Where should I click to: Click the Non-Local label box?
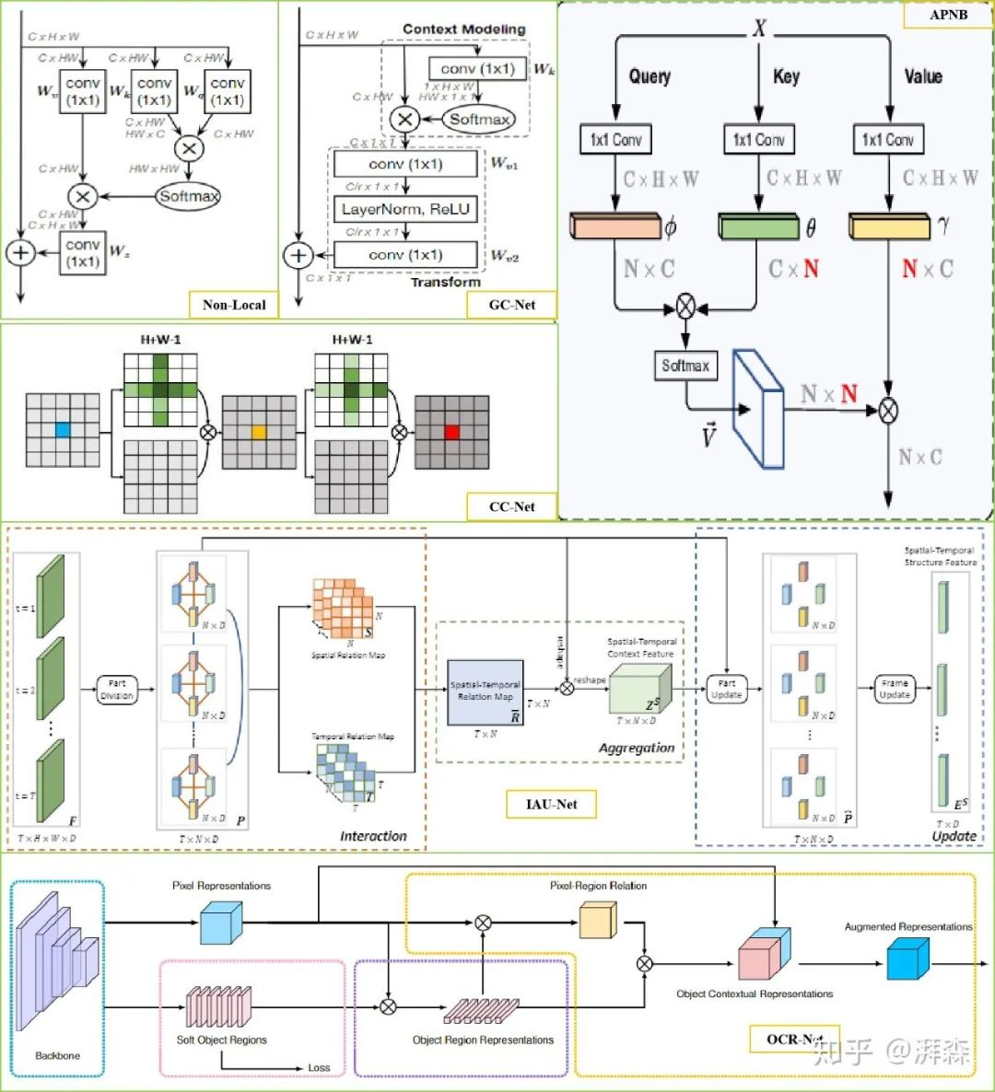pos(234,304)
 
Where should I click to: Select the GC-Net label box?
pos(512,304)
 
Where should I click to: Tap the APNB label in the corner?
pos(948,15)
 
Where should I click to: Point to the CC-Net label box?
pos(512,505)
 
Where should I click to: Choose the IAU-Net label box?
pos(551,804)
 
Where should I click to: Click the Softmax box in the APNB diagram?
pos(685,366)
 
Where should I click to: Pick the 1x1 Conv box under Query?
pos(615,139)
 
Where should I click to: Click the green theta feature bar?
pos(758,226)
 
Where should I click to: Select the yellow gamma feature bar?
pos(889,226)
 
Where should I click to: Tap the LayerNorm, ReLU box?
pos(405,209)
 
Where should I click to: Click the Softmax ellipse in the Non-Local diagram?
pos(189,196)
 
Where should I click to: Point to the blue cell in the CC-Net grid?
pos(63,430)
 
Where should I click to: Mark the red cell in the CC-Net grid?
pos(451,431)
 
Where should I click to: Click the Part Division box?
pos(117,690)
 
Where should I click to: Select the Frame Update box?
pos(895,689)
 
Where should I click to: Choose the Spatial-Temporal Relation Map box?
pos(486,691)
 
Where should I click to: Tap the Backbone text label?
pos(57,1055)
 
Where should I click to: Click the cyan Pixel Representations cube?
pos(221,923)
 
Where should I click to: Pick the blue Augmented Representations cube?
pos(907,959)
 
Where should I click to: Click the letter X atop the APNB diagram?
pos(759,28)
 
